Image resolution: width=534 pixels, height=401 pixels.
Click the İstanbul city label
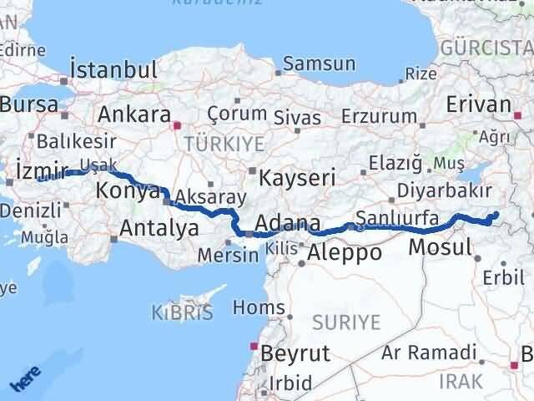click(114, 69)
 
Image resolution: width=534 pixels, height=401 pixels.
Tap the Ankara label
click(134, 114)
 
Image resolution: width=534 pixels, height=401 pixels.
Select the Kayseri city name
click(297, 178)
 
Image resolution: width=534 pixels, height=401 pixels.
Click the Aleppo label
click(345, 252)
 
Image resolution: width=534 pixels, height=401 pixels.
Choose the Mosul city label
click(441, 246)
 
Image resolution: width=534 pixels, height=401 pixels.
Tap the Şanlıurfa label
click(397, 220)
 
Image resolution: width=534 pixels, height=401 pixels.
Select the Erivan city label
click(478, 104)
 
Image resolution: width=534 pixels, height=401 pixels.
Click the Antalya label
click(159, 227)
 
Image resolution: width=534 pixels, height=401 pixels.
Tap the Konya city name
click(128, 190)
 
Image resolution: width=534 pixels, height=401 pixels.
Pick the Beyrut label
click(295, 353)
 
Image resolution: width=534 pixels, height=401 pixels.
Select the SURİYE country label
click(345, 322)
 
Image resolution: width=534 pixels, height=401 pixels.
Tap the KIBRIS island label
click(182, 313)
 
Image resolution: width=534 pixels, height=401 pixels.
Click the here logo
click(23, 380)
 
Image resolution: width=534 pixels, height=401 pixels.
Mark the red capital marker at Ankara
click(176, 126)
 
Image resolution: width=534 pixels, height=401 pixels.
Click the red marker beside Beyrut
click(254, 345)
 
